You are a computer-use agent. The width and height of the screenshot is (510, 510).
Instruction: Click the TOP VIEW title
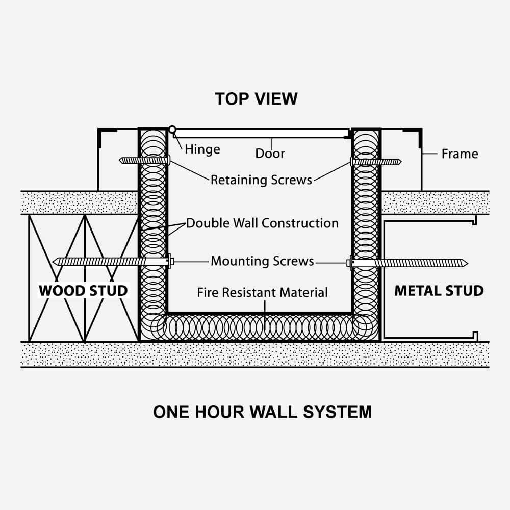click(x=256, y=98)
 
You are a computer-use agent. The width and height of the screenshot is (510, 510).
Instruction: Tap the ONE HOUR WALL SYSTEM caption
click(x=262, y=412)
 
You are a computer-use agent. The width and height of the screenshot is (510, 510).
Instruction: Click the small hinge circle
click(x=172, y=130)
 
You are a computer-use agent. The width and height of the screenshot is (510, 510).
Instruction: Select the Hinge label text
click(x=202, y=149)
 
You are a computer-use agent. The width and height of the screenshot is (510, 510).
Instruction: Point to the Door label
click(x=270, y=154)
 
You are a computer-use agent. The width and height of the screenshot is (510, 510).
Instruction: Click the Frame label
click(x=460, y=154)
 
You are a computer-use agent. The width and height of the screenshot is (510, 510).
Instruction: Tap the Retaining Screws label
click(x=261, y=180)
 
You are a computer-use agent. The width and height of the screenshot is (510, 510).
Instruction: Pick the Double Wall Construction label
click(x=262, y=223)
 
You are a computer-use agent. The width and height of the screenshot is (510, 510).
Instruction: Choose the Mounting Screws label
click(x=262, y=261)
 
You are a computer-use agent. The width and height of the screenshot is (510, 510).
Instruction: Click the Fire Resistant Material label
click(x=262, y=292)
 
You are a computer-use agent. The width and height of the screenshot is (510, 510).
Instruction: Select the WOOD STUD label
click(x=83, y=291)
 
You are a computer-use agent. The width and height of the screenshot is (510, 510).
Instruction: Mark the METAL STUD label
click(x=439, y=291)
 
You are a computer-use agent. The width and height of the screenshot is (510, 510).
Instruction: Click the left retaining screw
click(x=144, y=161)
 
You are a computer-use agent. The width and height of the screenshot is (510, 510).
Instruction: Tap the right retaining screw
click(x=376, y=162)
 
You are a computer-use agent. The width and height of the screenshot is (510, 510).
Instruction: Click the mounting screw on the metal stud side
click(x=408, y=263)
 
